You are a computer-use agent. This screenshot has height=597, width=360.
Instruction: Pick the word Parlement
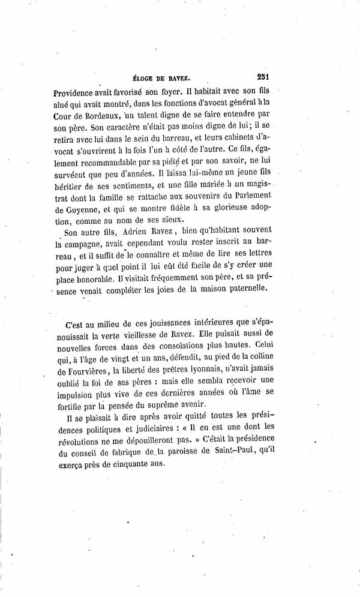(x=251, y=194)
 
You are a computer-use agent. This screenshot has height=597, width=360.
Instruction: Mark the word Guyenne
(x=78, y=207)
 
